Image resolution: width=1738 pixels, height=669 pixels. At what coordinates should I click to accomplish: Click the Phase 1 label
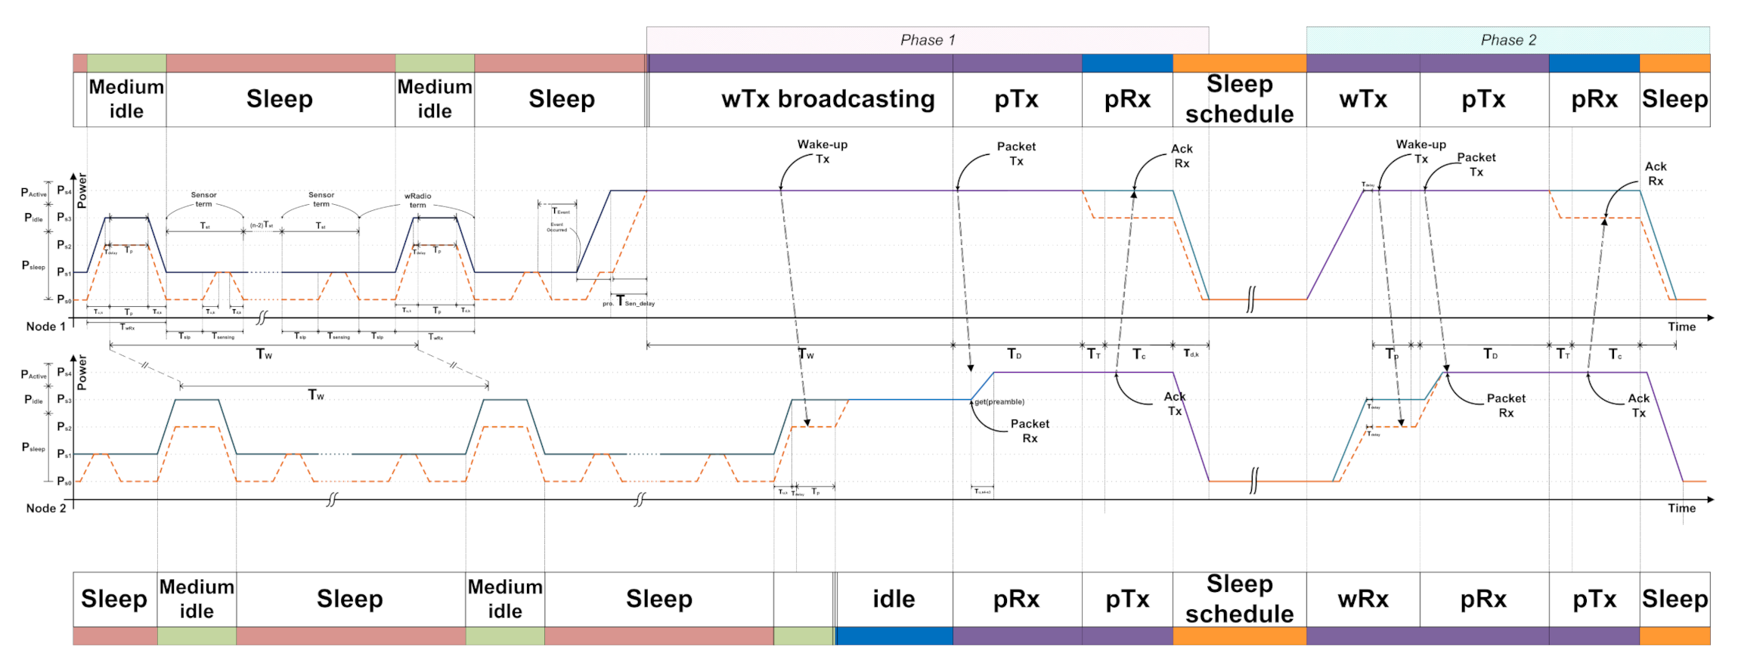pyautogui.click(x=928, y=40)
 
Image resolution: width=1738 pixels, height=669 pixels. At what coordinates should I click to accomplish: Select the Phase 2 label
pyautogui.click(x=1508, y=40)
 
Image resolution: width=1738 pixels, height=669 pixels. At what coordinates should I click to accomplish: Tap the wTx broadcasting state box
pyautogui.click(x=828, y=99)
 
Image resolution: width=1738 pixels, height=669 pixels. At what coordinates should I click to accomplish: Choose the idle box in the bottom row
pyautogui.click(x=894, y=599)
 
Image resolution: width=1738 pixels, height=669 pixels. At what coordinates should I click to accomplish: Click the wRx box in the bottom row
pyautogui.click(x=1363, y=599)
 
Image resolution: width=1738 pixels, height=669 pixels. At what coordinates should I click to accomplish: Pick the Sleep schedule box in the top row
pyautogui.click(x=1239, y=99)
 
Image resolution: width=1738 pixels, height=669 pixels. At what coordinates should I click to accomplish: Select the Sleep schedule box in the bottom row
pyautogui.click(x=1239, y=599)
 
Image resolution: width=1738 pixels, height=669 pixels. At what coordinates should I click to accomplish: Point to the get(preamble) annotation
pyautogui.click(x=999, y=402)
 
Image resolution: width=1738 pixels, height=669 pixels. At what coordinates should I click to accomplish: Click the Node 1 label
pyautogui.click(x=46, y=327)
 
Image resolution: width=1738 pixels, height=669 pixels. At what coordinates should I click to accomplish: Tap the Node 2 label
pyautogui.click(x=46, y=508)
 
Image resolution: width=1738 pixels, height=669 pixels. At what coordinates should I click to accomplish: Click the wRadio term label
pyautogui.click(x=418, y=200)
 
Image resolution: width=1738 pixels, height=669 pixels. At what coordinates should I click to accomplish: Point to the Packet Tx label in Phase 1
pyautogui.click(x=1016, y=153)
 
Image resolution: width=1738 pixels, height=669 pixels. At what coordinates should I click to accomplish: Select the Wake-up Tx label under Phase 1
pyautogui.click(x=823, y=151)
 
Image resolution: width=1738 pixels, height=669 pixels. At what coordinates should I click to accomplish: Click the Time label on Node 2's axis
pyautogui.click(x=1681, y=508)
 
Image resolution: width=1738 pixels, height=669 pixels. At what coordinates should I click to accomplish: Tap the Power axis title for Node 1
pyautogui.click(x=82, y=190)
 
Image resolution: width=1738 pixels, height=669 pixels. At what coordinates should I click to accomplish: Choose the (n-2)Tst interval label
pyautogui.click(x=262, y=225)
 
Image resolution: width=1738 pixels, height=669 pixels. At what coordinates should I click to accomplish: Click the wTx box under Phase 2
pyautogui.click(x=1363, y=99)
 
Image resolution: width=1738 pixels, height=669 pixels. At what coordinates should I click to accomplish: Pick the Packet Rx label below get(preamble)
pyautogui.click(x=1030, y=431)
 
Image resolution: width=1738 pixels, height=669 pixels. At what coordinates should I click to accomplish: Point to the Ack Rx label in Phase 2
pyautogui.click(x=1656, y=174)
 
